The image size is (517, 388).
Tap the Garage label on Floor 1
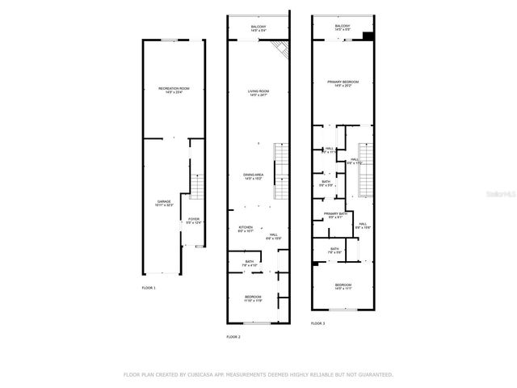point(163,203)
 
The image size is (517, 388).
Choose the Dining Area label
point(254,175)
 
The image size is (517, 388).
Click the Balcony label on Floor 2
point(258,28)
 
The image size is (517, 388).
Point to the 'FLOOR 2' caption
point(233,337)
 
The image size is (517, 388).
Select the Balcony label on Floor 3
point(343,27)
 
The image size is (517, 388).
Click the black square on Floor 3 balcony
point(368,35)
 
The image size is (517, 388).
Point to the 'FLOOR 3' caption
point(318,323)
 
